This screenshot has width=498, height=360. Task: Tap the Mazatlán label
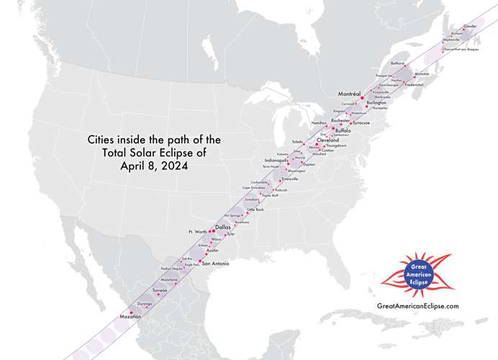coord(130,318)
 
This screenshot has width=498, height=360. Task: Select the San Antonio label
coord(216,264)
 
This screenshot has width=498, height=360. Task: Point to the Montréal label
coord(349,94)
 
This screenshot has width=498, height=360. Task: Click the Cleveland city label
coord(327,140)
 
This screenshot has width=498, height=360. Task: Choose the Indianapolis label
coord(276,160)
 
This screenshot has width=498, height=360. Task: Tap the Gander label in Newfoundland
coord(470,27)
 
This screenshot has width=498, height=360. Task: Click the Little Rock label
coord(255,210)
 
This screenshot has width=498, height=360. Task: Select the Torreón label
coord(160,290)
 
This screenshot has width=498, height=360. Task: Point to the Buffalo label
coord(343,131)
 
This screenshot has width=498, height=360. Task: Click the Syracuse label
coord(361,123)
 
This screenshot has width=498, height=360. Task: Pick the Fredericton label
coord(415,85)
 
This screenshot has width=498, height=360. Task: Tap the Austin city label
coord(212,250)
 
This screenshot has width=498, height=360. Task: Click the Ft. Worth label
coord(196,232)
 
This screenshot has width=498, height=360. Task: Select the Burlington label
coord(376,103)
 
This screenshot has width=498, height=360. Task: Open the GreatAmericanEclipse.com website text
coord(417,306)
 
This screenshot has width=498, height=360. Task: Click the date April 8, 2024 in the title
coord(154,166)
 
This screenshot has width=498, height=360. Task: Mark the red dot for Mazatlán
coord(132,312)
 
